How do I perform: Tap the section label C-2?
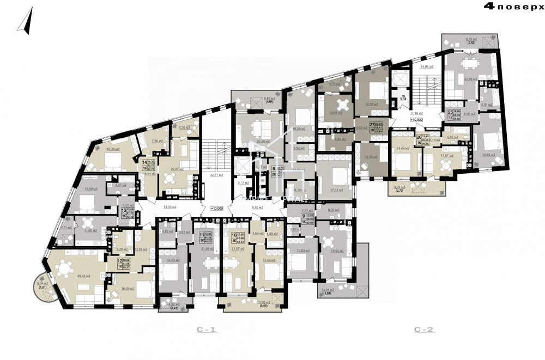click(x=423, y=330)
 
